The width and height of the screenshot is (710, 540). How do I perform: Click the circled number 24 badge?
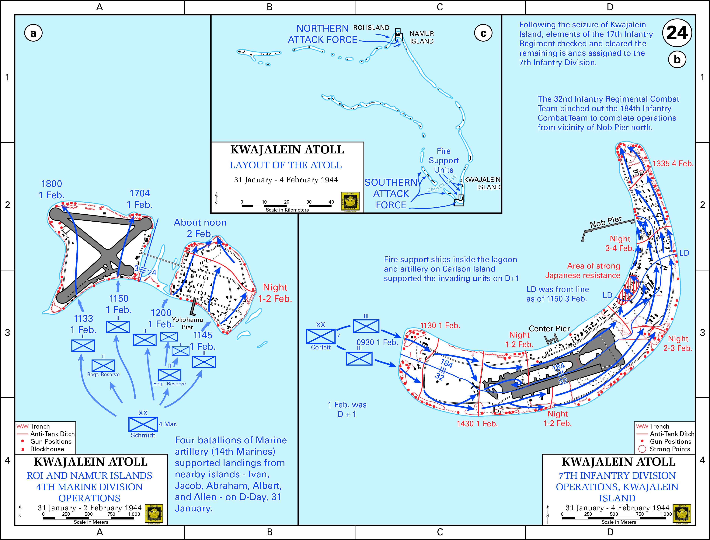(x=677, y=33)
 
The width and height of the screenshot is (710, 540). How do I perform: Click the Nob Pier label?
(x=606, y=222)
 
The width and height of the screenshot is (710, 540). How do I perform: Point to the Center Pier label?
(x=549, y=328)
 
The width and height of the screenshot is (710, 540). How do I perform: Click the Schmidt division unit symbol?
(x=143, y=424)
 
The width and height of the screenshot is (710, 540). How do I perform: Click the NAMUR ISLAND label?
(x=422, y=37)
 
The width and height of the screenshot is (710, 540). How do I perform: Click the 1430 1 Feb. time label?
(x=477, y=424)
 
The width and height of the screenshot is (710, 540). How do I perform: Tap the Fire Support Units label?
(x=444, y=160)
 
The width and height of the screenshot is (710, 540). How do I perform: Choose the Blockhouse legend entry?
(x=47, y=449)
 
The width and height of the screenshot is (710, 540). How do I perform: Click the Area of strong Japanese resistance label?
(x=583, y=271)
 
